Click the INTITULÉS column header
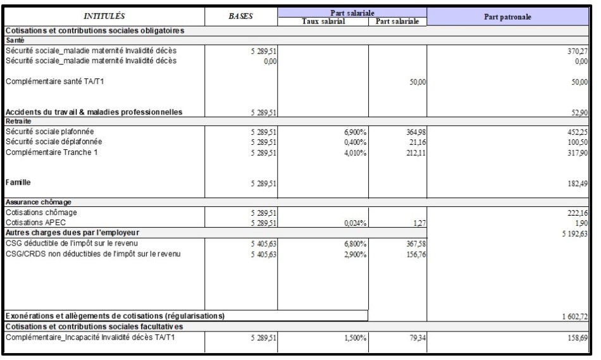[104, 16]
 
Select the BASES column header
[240, 16]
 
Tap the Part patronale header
[507, 16]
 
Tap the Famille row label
[19, 182]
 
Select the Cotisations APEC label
[37, 223]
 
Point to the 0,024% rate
[355, 223]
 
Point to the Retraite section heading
[18, 121]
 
